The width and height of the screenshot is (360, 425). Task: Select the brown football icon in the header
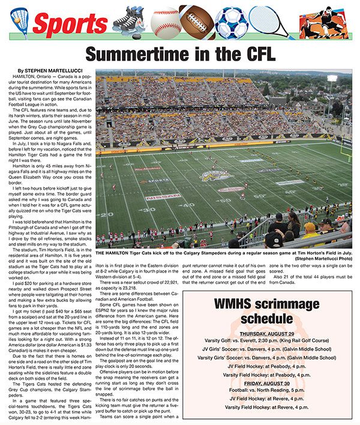click(197, 22)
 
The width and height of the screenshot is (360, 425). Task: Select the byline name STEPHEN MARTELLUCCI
click(49, 71)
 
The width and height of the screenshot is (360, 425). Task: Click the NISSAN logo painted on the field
click(163, 196)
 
